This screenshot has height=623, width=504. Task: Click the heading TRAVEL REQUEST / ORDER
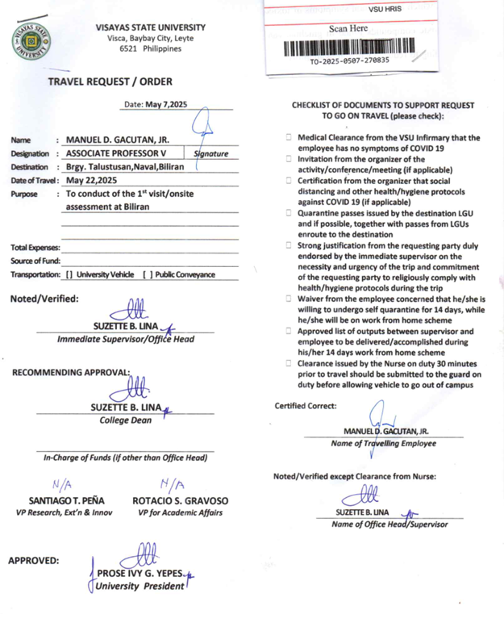[x=110, y=82]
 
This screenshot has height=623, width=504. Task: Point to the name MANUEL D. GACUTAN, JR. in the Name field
[x=119, y=140]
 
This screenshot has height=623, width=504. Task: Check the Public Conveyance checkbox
[x=147, y=274]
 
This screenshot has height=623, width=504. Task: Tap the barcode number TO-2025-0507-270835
[x=349, y=61]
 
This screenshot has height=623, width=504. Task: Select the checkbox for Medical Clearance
[x=289, y=138]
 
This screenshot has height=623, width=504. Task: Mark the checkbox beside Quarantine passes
[x=289, y=212]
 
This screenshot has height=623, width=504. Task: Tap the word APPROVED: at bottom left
[x=33, y=560]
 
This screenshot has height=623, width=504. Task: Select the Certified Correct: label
[x=306, y=406]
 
